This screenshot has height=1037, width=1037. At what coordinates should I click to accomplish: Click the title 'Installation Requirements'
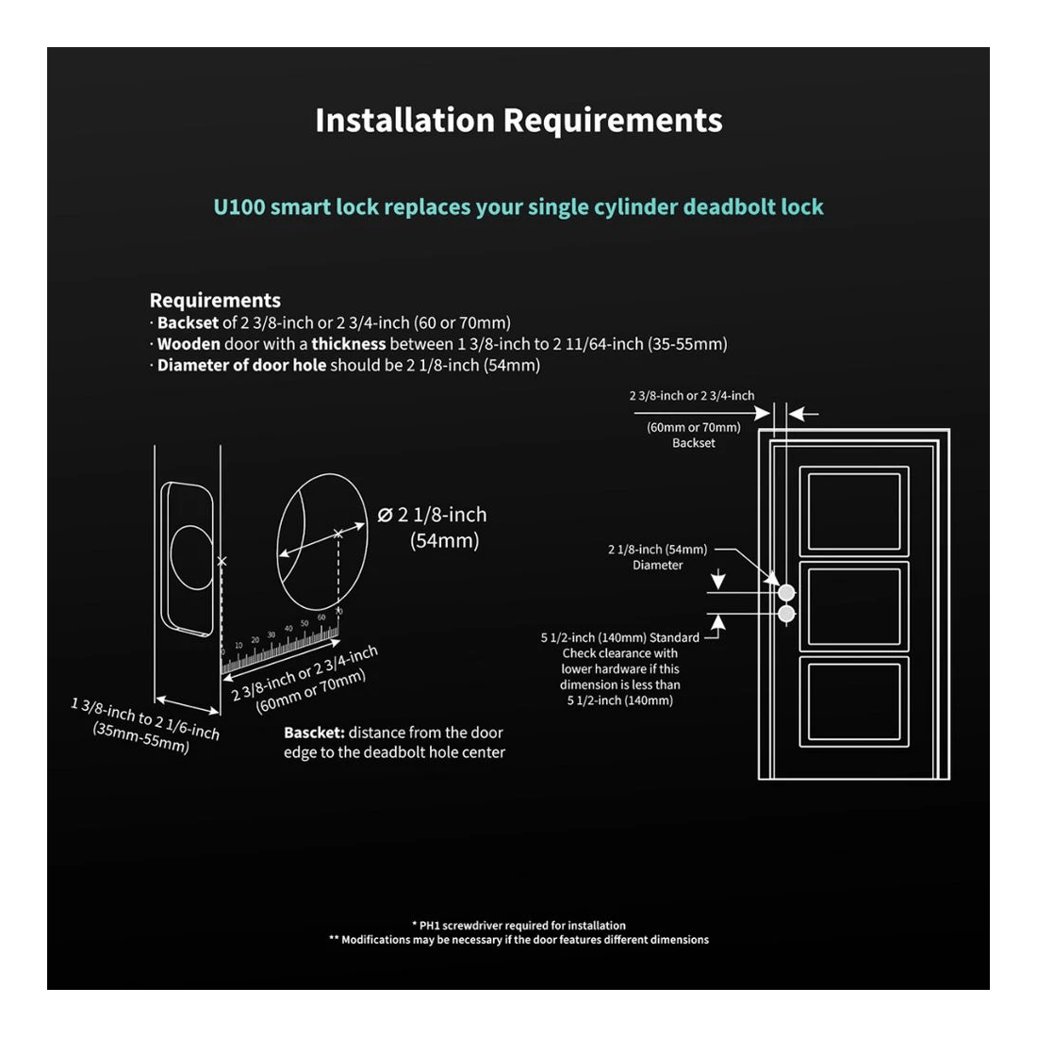pos(518,121)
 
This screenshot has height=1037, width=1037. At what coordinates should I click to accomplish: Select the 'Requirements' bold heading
pos(215,301)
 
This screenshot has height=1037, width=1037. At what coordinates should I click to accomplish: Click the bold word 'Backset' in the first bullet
pos(188,322)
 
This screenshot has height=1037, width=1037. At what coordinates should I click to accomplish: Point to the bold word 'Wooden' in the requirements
pos(189,344)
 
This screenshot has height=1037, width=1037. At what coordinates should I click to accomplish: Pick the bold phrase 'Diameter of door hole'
pos(241,366)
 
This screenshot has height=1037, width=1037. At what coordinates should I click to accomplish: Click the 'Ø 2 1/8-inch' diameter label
pos(432,515)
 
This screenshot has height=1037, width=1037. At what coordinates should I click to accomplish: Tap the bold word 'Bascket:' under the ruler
pos(314,732)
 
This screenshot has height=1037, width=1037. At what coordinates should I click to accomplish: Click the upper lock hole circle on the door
pos(786,592)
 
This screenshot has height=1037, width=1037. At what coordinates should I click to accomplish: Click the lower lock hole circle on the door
pos(786,615)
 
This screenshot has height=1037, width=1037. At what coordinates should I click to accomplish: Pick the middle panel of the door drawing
pos(854,605)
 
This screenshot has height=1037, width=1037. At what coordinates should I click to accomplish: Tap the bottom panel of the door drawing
pos(854,700)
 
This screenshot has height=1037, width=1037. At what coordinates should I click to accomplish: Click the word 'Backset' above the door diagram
pos(694,443)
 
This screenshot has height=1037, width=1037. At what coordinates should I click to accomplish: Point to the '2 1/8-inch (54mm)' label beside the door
pos(657,550)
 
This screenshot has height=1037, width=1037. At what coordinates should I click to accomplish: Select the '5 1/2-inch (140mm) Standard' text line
pos(619,637)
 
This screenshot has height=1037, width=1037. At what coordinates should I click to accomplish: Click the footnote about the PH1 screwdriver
pos(518,925)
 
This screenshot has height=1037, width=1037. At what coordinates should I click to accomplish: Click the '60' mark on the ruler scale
pos(321,617)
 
